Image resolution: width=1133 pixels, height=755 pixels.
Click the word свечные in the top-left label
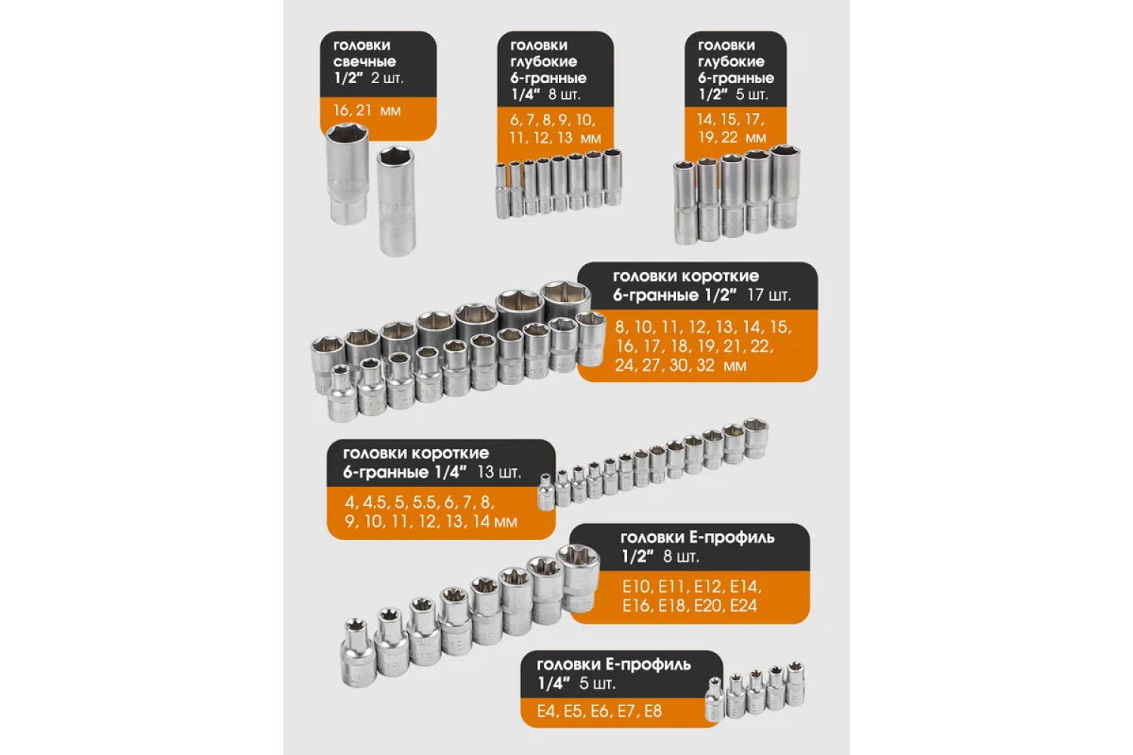(x=364, y=62)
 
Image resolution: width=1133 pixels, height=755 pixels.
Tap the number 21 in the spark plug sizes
(x=363, y=109)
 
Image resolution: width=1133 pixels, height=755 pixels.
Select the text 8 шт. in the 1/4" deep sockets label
(x=564, y=94)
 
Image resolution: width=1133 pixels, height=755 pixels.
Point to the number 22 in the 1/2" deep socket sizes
(x=730, y=137)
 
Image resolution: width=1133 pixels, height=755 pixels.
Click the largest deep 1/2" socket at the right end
(x=785, y=186)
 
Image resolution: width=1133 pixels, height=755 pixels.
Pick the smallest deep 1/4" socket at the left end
(x=502, y=191)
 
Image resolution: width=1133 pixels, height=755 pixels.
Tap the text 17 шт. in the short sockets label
(x=769, y=294)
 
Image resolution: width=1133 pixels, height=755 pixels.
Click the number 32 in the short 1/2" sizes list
(x=705, y=365)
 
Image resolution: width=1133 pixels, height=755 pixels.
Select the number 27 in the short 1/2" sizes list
(x=652, y=365)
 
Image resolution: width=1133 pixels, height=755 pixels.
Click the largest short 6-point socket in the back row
(x=566, y=302)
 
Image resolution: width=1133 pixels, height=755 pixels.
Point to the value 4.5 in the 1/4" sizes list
(x=374, y=502)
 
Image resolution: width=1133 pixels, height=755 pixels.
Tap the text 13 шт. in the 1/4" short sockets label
(x=499, y=472)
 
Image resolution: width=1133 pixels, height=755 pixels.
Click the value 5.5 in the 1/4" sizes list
(x=424, y=502)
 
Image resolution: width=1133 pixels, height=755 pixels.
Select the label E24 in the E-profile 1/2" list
(x=743, y=606)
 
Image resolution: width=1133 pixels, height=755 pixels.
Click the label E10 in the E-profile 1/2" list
(x=637, y=587)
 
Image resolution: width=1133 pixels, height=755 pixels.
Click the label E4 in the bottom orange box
(x=546, y=711)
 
